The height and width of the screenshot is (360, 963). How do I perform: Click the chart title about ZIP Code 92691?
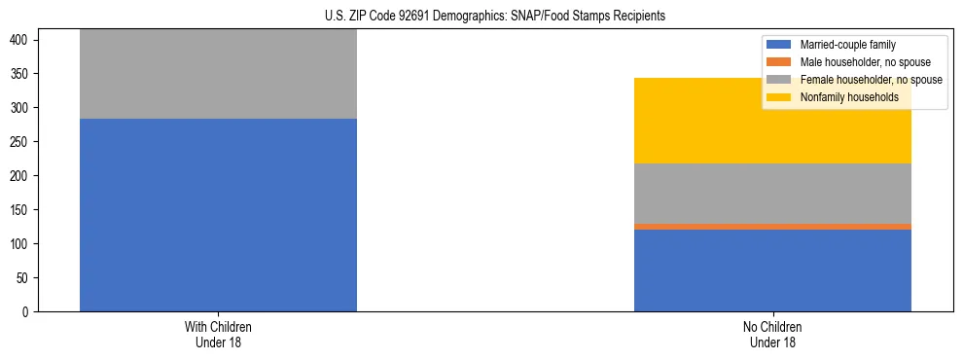495,17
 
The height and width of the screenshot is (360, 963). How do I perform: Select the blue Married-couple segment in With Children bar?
218,215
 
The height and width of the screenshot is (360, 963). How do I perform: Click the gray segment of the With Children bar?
218,74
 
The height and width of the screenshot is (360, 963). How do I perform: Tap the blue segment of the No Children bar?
772,270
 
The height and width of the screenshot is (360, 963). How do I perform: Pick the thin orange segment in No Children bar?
772,227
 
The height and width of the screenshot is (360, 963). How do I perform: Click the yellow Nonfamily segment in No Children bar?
681,121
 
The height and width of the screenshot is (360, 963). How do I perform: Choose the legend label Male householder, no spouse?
865,62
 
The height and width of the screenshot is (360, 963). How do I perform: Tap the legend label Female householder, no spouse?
871,80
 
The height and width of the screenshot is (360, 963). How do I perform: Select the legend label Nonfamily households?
842,97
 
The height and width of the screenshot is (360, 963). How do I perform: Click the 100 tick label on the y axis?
21,244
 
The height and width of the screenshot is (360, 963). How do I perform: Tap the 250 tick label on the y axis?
21,142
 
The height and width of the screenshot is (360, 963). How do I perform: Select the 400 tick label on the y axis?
21,40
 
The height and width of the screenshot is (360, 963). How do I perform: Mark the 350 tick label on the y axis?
21,74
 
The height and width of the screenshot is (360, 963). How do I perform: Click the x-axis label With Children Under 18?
218,335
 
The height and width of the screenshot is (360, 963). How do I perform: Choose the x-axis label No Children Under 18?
772,335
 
